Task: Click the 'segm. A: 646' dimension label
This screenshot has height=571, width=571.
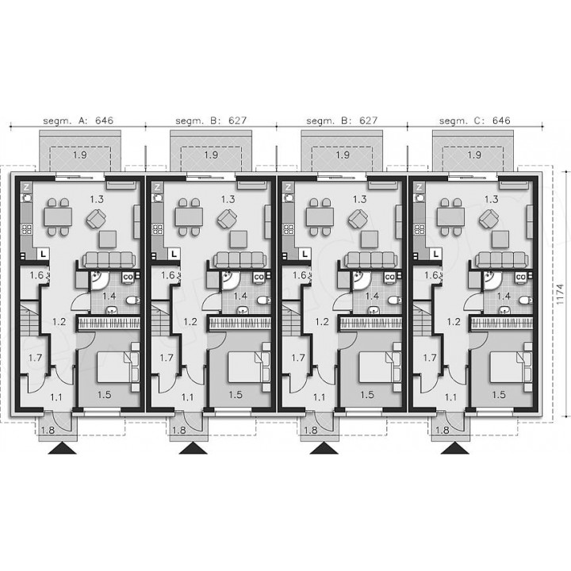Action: click(x=78, y=121)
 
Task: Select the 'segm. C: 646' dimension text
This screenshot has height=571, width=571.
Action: click(x=475, y=121)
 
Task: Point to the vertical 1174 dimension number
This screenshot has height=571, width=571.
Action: click(x=560, y=294)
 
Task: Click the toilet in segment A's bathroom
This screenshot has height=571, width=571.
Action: click(x=133, y=301)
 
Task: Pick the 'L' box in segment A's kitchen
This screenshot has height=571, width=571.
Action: click(x=44, y=254)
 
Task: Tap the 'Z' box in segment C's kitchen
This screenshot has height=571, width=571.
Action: click(x=420, y=187)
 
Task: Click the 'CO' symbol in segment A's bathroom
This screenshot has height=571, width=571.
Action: click(x=128, y=277)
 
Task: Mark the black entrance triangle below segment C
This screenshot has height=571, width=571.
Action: click(x=455, y=448)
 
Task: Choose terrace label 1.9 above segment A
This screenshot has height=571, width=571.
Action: click(x=80, y=155)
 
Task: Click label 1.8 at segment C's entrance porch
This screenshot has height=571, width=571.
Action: click(x=442, y=430)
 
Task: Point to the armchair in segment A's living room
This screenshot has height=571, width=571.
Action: click(x=96, y=220)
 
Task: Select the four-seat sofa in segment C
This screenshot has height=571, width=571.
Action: click(x=502, y=259)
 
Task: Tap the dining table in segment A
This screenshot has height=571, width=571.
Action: click(x=58, y=217)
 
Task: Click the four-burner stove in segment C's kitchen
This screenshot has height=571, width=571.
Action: click(x=420, y=229)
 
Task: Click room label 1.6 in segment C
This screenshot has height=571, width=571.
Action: click(x=431, y=275)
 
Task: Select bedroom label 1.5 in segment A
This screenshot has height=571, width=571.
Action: click(x=104, y=395)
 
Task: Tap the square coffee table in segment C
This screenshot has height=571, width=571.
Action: click(x=500, y=240)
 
